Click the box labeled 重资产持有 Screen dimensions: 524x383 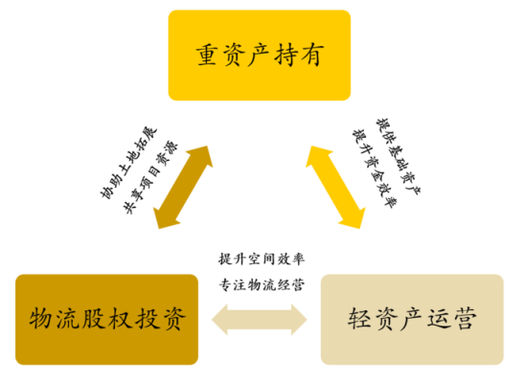pyautogui.click(x=260, y=56)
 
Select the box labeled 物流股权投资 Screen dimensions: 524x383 pyautogui.click(x=106, y=320)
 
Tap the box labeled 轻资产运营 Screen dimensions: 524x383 pyautogui.click(x=412, y=320)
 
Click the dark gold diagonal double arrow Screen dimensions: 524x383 pyautogui.click(x=183, y=187)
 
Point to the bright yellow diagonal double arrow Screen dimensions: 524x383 pyautogui.click(x=335, y=187)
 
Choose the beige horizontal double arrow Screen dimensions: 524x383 pyautogui.click(x=260, y=320)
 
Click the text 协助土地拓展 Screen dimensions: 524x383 pyautogui.click(x=128, y=163)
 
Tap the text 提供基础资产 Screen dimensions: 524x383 pyautogui.click(x=399, y=156)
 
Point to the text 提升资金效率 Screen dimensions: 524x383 pyautogui.click(x=375, y=169)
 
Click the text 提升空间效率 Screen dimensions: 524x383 pyautogui.click(x=262, y=259)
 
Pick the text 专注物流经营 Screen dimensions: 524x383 pyautogui.click(x=262, y=284)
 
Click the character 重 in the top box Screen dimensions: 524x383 pyautogui.click(x=208, y=56)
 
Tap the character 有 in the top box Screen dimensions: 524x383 pyautogui.click(x=312, y=56)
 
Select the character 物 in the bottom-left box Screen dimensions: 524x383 pyautogui.click(x=41, y=319)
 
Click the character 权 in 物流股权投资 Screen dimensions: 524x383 pyautogui.click(x=120, y=319)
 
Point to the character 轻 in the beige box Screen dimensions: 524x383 pyautogui.click(x=359, y=319)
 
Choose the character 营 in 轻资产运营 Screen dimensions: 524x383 pyautogui.click(x=465, y=319)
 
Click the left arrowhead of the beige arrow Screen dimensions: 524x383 pyautogui.click(x=219, y=320)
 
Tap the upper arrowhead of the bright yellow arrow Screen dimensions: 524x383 pyautogui.click(x=317, y=156)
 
